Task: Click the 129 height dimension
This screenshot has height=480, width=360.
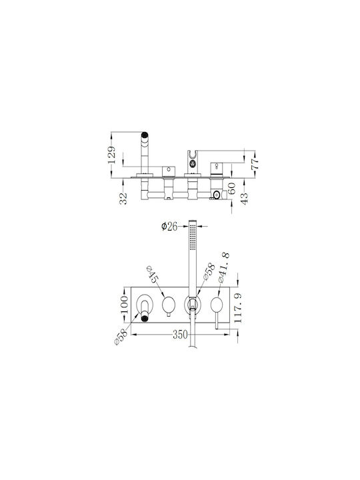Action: pos(113,155)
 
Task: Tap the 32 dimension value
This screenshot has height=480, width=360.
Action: pos(123,199)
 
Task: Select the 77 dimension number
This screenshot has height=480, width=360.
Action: pos(255,164)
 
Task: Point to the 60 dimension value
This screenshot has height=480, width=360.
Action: pos(232,188)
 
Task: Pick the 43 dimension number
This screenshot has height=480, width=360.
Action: pos(245,199)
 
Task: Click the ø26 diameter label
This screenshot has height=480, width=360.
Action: pos(169,227)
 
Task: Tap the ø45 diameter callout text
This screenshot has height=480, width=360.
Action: pos(153,274)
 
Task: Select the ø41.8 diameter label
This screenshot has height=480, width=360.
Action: pos(224,267)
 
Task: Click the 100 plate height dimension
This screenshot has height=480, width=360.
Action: pos(124,304)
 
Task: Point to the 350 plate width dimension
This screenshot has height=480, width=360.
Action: pos(180,335)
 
